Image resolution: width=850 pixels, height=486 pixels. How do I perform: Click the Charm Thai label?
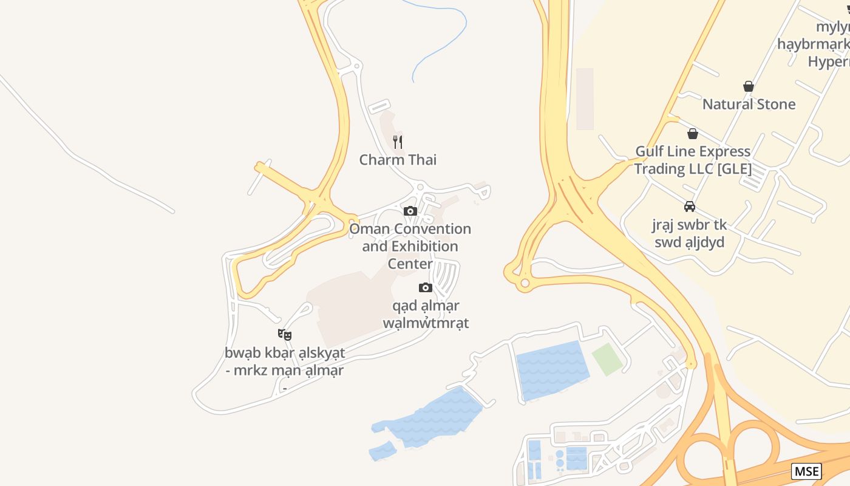[398, 160]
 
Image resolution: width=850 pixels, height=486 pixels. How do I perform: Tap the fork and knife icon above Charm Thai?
[398, 142]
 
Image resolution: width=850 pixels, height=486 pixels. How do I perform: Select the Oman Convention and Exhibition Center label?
[410, 246]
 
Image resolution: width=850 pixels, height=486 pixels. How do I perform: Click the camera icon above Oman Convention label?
[410, 211]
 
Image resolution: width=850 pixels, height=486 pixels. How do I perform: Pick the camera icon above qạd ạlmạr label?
[426, 287]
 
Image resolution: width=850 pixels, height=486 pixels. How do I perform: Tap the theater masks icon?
[285, 334]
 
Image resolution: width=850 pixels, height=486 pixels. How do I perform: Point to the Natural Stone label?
[749, 104]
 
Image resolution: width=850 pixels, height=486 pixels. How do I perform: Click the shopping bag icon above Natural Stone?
[749, 87]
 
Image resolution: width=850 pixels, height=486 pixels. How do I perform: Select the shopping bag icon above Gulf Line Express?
[693, 134]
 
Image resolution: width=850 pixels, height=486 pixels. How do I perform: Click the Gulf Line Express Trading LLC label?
[693, 160]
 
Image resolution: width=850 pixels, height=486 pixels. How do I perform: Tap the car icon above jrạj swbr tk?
[690, 207]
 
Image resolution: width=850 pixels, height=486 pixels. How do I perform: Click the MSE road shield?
[806, 471]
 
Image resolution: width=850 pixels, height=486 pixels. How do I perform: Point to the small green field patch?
[607, 359]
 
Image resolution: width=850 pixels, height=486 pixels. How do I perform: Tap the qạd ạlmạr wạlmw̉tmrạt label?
[426, 314]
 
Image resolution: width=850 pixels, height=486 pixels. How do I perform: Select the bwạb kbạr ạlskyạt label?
[285, 361]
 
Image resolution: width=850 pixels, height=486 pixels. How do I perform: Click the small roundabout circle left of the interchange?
[525, 283]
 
